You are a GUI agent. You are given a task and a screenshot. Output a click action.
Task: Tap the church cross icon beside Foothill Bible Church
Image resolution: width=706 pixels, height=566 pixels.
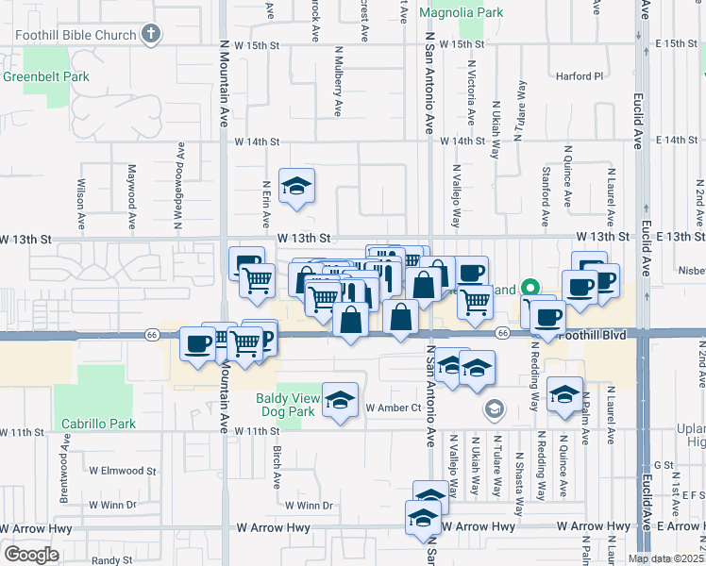(150, 35)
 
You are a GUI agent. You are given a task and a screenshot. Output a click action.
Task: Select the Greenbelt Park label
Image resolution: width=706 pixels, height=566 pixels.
(45, 76)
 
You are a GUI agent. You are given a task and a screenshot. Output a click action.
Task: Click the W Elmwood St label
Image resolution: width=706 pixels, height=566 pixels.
(123, 470)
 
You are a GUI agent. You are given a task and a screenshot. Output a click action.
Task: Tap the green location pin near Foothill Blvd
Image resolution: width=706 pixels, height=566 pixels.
(530, 289)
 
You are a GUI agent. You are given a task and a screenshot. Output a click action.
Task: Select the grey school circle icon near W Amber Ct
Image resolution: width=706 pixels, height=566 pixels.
(493, 408)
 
